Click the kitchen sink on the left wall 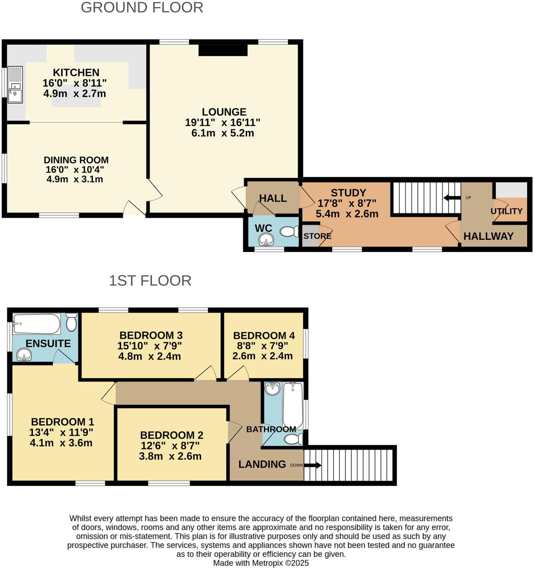(15, 85)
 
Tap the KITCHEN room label (76, 73)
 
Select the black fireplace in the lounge (223, 50)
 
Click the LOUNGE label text (224, 112)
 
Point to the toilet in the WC (289, 232)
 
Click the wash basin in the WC (266, 241)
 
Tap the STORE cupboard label (317, 236)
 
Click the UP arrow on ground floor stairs (452, 198)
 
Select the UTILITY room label (506, 211)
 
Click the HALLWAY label (488, 236)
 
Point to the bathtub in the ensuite (37, 324)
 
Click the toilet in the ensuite (72, 322)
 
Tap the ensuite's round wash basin (25, 355)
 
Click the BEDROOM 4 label (264, 335)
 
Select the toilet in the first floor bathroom (294, 439)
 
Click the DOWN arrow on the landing (312, 465)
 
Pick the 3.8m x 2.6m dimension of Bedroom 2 (170, 456)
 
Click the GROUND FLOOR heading (142, 8)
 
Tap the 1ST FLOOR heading (150, 281)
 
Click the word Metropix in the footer (267, 563)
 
